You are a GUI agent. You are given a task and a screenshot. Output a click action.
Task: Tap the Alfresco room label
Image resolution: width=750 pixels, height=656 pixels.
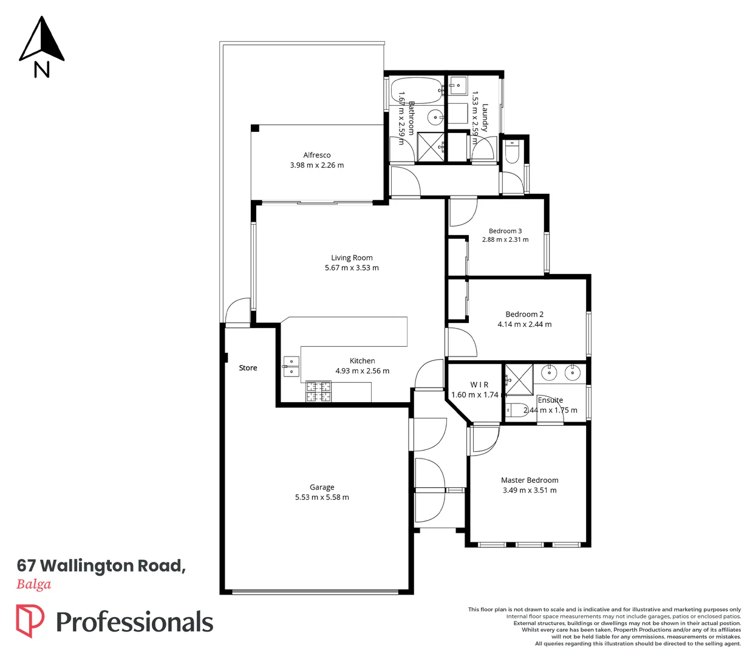tap(317, 155)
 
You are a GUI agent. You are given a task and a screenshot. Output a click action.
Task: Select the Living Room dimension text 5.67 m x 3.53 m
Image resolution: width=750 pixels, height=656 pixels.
tap(352, 268)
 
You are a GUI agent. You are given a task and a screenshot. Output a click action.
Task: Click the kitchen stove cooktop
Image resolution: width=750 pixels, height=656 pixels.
tap(319, 391)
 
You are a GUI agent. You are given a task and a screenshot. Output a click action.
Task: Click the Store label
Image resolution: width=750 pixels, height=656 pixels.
tap(248, 368)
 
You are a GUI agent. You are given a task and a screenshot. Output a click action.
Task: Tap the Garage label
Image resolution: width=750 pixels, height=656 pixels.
tap(322, 487)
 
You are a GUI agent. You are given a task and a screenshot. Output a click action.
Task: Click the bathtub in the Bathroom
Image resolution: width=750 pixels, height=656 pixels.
tap(417, 91)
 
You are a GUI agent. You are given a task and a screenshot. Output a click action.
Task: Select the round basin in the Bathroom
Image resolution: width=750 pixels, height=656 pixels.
tap(435, 118)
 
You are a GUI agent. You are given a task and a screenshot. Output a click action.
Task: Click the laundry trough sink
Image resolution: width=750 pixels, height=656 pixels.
tap(458, 86)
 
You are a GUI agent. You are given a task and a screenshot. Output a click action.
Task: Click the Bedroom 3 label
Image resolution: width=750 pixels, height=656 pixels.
tap(505, 231)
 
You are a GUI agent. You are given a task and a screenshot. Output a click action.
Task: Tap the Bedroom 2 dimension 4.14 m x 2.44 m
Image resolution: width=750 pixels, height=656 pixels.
tap(524, 324)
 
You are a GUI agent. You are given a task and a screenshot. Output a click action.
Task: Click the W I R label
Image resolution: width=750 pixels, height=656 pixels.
tap(479, 384)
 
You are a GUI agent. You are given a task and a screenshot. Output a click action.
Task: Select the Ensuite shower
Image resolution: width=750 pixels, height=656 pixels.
tap(519, 380)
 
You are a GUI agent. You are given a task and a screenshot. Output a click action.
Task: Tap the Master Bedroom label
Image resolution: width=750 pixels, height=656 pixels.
tap(530, 480)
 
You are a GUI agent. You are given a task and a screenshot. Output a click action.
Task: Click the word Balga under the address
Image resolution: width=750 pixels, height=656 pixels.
tap(34, 584)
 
